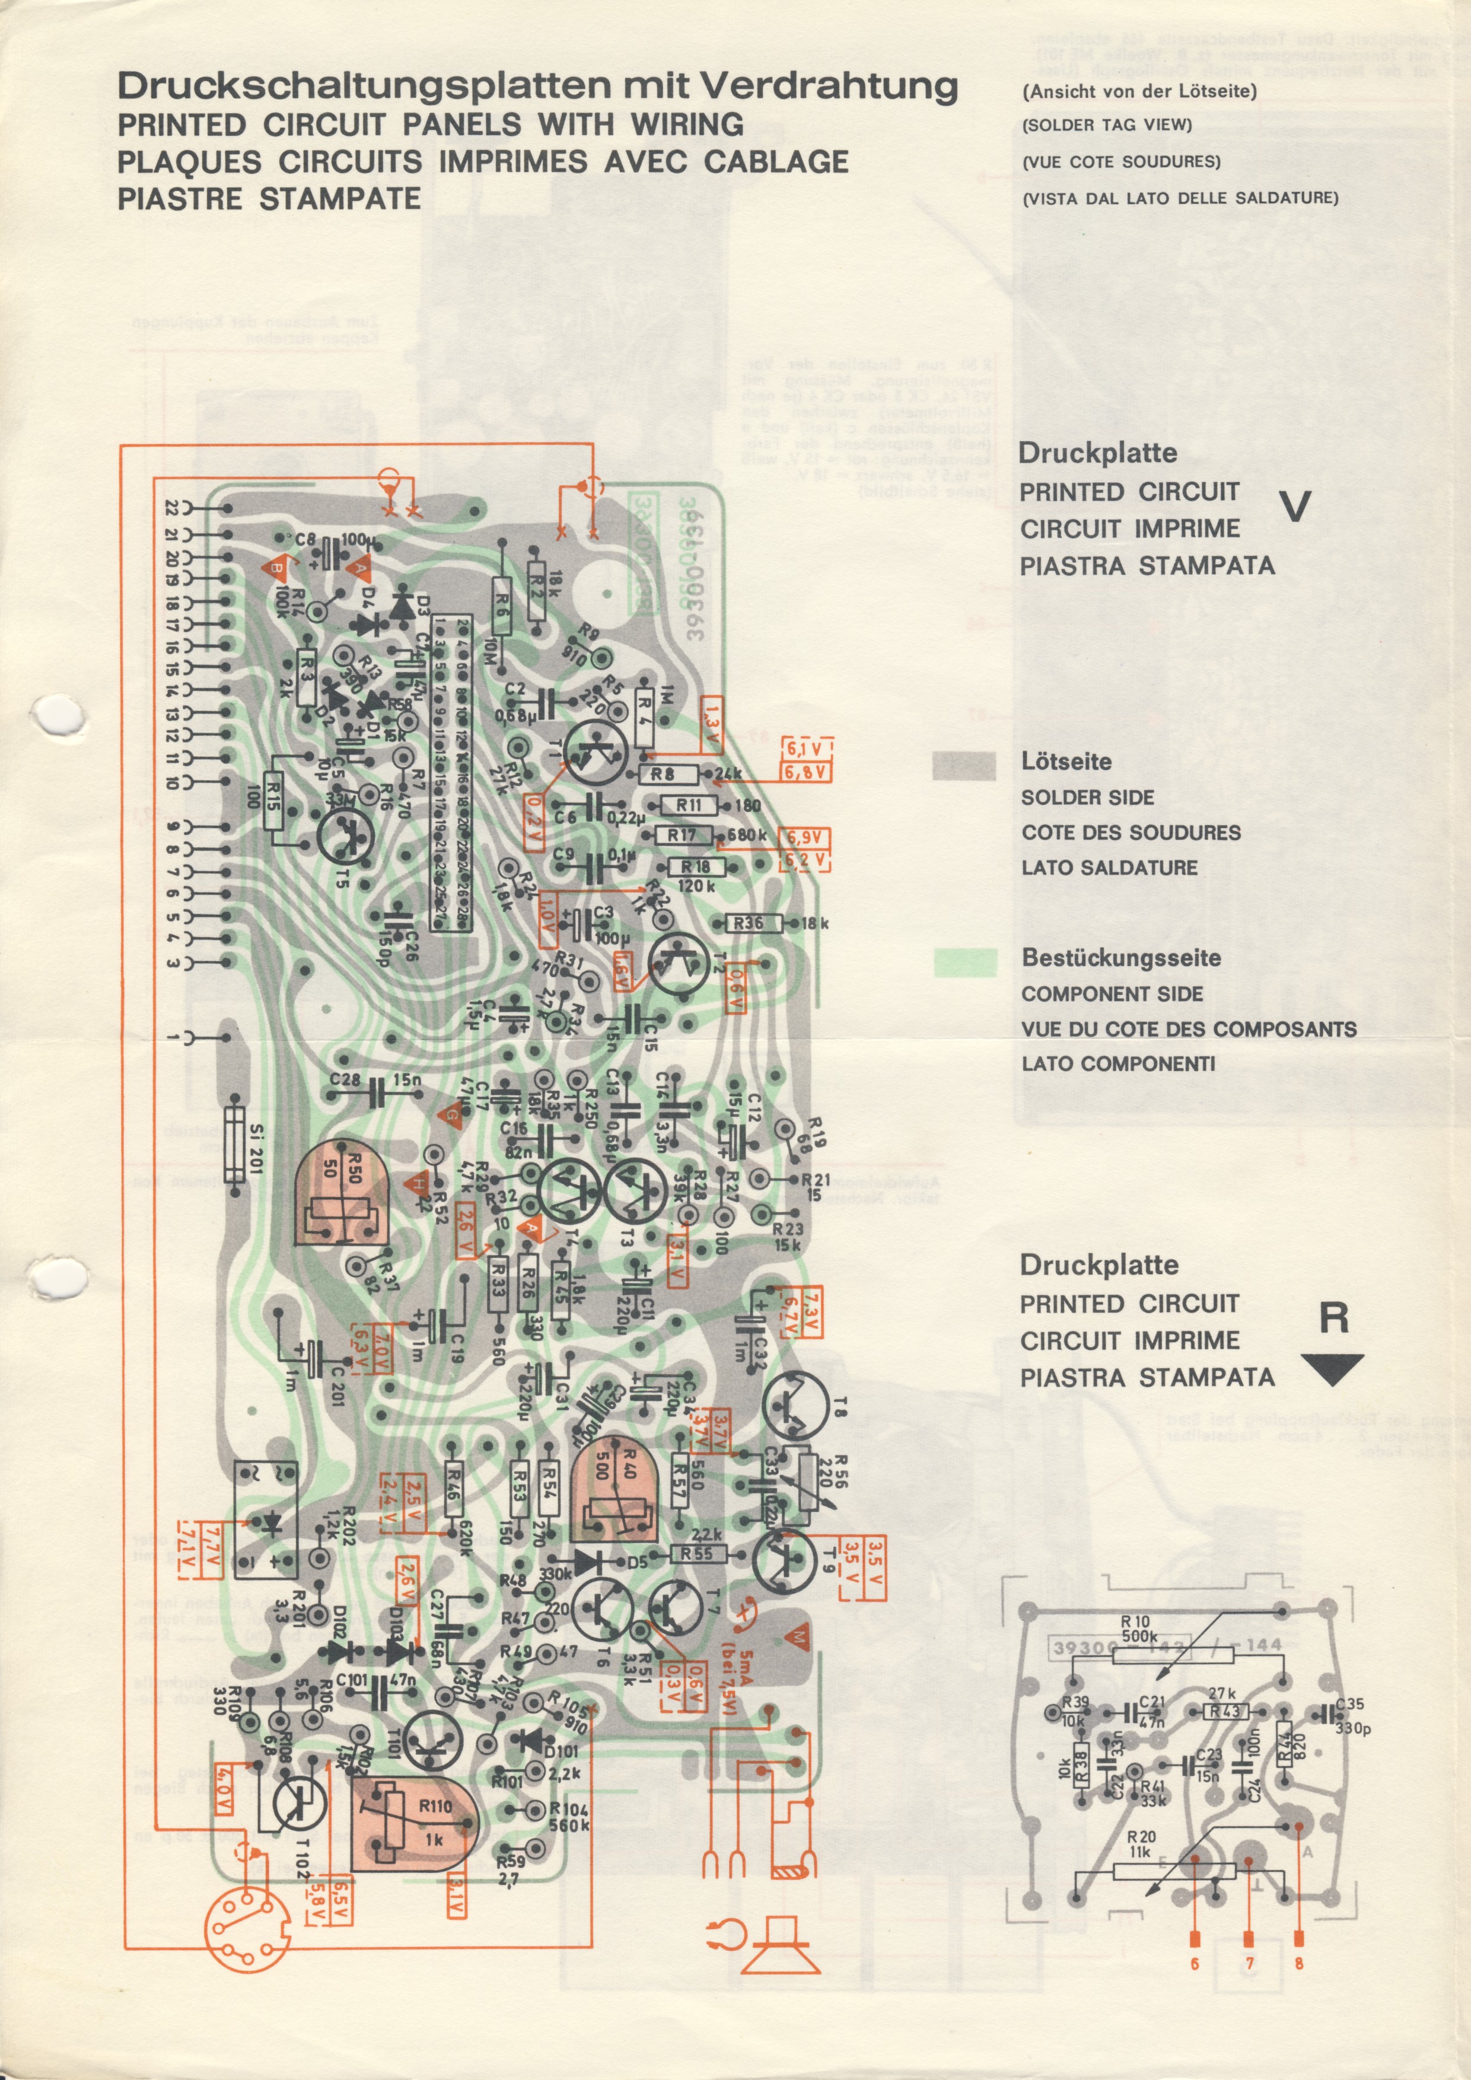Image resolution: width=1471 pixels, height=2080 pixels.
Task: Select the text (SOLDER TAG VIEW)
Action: click(1107, 125)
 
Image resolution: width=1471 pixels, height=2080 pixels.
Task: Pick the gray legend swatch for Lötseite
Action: click(964, 766)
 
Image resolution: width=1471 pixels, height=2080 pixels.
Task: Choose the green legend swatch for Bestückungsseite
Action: click(964, 962)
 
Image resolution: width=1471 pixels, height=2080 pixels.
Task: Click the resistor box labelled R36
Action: click(748, 923)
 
